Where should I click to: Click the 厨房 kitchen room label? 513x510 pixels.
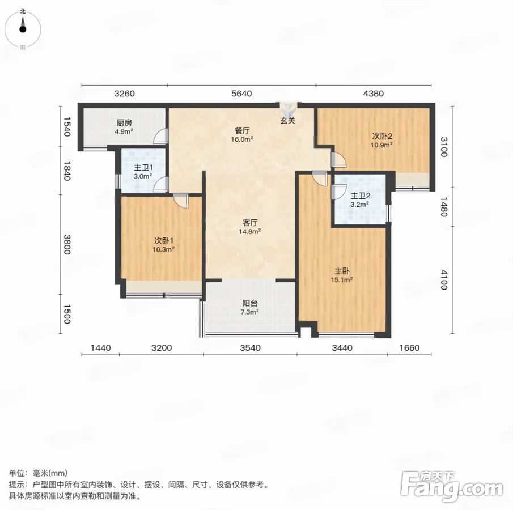(124, 123)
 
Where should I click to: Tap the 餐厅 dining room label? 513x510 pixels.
(242, 130)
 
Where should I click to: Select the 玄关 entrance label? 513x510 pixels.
(288, 121)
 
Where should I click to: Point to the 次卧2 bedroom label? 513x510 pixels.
(382, 136)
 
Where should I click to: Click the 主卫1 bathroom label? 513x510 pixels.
(143, 168)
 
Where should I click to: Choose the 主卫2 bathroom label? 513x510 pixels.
(360, 196)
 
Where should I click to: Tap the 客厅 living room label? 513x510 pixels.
(250, 223)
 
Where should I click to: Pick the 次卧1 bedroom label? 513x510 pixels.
(164, 241)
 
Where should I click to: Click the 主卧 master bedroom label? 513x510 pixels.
(342, 271)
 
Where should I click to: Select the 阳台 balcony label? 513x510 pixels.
(250, 303)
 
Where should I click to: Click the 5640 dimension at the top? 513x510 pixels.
(241, 93)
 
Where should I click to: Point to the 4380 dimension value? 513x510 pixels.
(374, 93)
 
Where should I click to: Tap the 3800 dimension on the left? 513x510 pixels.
(67, 244)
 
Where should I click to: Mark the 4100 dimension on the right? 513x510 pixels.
(443, 280)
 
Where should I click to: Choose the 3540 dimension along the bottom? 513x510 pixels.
(251, 348)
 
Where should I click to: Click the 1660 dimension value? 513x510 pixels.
(409, 348)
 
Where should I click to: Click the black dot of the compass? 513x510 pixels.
(23, 29)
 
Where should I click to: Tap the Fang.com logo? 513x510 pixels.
(452, 486)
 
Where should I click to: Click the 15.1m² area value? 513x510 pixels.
(342, 280)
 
